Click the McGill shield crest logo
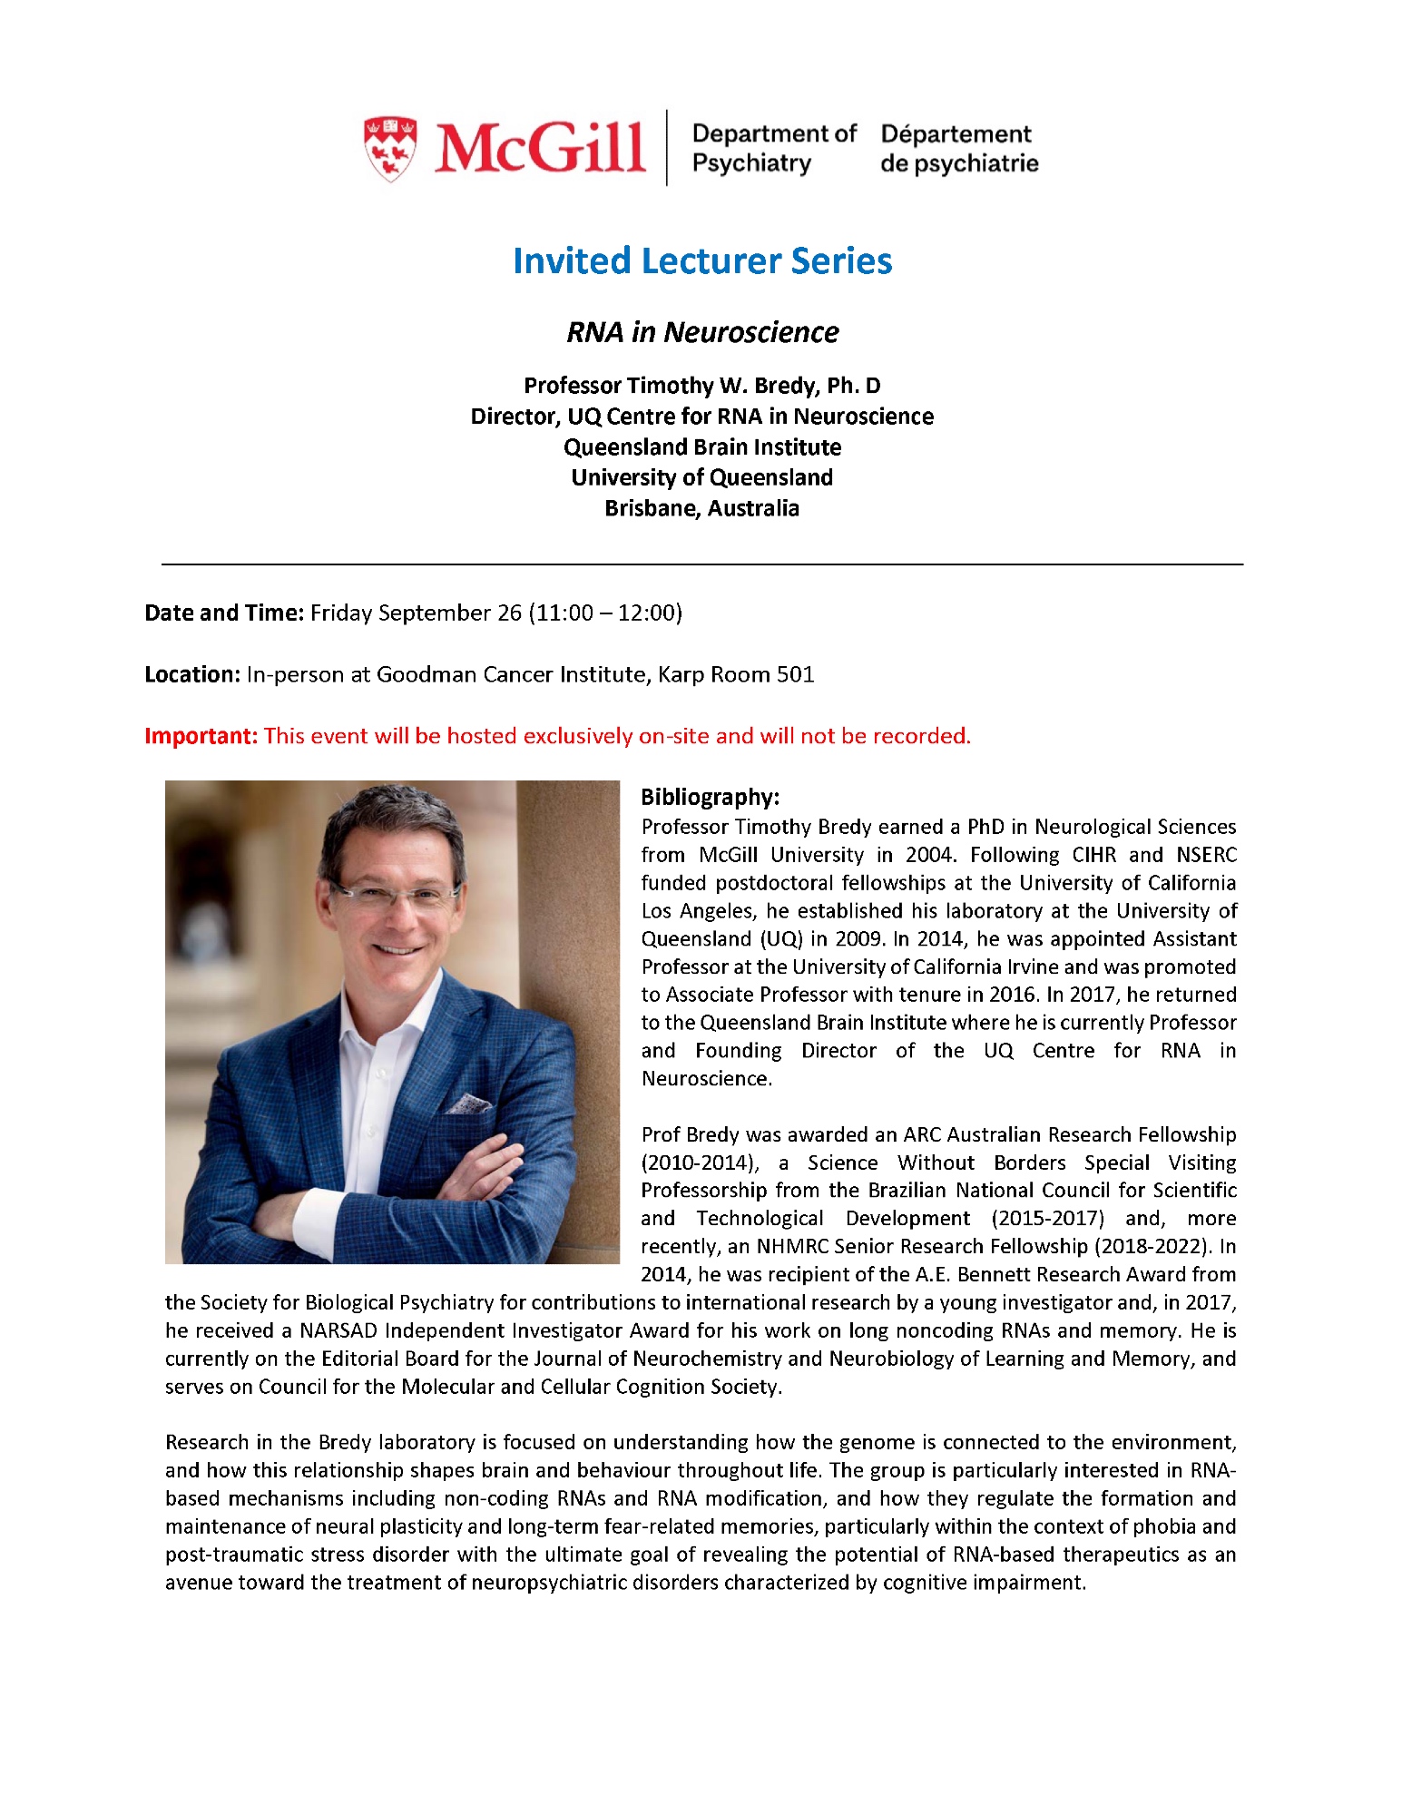pyautogui.click(x=390, y=148)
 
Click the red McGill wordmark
pyautogui.click(x=540, y=148)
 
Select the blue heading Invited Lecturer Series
pyautogui.click(x=701, y=261)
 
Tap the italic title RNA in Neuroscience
pyautogui.click(x=701, y=332)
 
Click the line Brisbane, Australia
pyautogui.click(x=701, y=508)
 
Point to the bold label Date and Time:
pyautogui.click(x=223, y=613)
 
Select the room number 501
pyautogui.click(x=795, y=674)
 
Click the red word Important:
pyautogui.click(x=201, y=736)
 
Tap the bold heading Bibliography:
pyautogui.click(x=710, y=797)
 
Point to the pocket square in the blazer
pyautogui.click(x=467, y=1104)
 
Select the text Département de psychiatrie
pyautogui.click(x=958, y=149)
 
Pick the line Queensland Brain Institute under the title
pyautogui.click(x=701, y=447)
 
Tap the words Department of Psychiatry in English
pyautogui.click(x=773, y=149)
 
